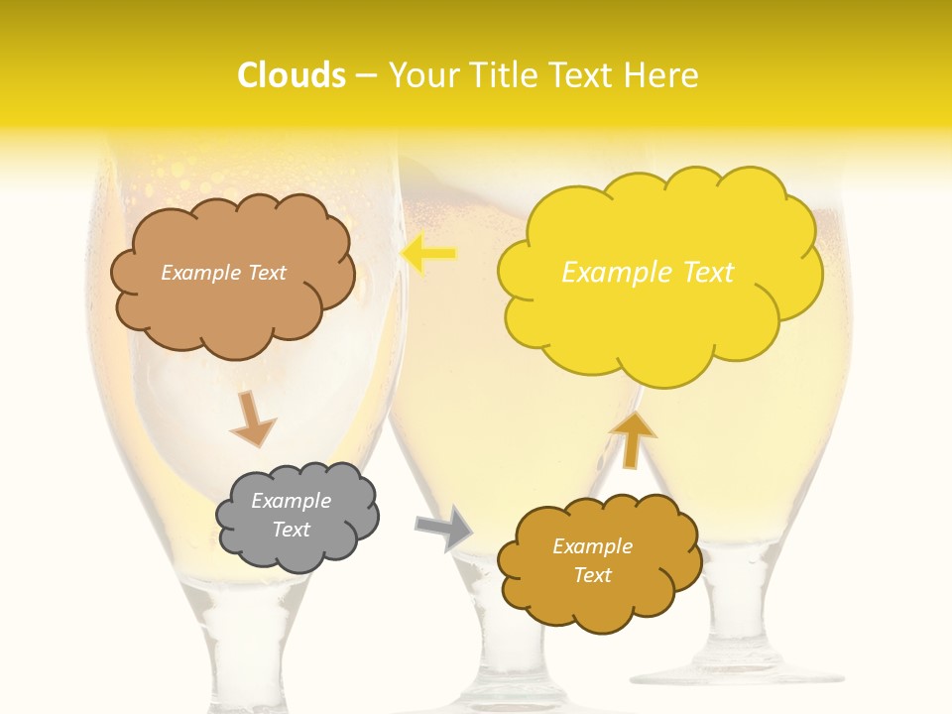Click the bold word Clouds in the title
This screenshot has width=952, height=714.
[x=292, y=75]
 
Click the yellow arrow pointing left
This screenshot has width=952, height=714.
[x=428, y=254]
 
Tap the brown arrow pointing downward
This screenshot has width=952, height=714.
[x=252, y=417]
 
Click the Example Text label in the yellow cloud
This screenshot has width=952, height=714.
[x=648, y=273]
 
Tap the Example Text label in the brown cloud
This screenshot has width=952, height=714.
[x=223, y=273]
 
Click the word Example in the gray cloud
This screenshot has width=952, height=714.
[x=291, y=501]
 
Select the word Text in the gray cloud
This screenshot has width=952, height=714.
[x=292, y=530]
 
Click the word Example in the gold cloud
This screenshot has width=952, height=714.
[x=592, y=546]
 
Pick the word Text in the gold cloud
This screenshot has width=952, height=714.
[x=593, y=575]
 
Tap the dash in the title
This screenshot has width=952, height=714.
[x=366, y=76]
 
